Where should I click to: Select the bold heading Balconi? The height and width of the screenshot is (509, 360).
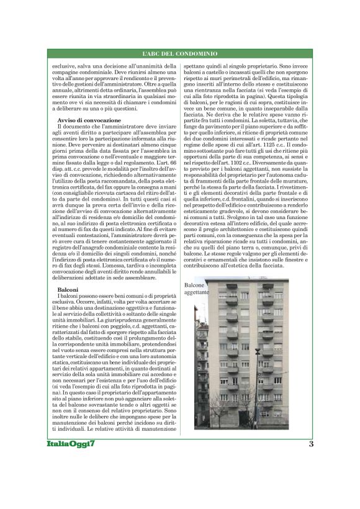[67, 290]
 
